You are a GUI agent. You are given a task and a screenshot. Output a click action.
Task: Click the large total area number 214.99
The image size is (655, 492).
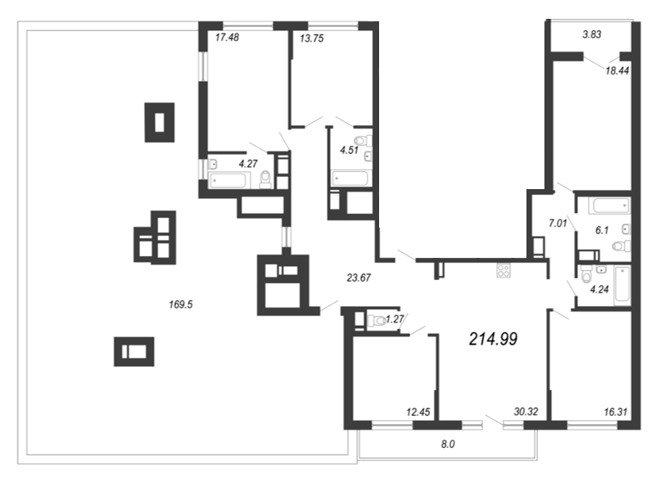pos(494,339)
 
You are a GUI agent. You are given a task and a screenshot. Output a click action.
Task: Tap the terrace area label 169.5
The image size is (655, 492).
pos(180,305)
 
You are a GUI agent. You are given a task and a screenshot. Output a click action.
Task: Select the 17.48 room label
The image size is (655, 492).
pos(228,38)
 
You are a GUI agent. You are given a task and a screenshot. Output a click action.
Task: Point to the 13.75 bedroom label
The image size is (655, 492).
pos(312,38)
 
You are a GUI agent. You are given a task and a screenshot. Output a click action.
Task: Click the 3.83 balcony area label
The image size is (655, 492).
pos(592,34)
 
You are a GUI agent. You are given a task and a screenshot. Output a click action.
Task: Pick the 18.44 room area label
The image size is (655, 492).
pos(617,70)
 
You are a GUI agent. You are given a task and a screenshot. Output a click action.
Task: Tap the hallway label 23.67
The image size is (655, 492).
pos(359,278)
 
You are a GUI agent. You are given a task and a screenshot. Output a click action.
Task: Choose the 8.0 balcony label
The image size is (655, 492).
pos(448,445)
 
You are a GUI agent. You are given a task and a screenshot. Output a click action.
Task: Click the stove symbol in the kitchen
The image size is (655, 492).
pos(503,271)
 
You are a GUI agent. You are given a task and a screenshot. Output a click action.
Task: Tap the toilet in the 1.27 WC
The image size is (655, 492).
pos(377,321)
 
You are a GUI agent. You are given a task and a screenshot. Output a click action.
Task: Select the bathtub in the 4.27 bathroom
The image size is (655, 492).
pos(229,180)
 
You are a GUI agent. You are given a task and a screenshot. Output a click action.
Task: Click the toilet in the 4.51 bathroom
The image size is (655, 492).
pos(363,141)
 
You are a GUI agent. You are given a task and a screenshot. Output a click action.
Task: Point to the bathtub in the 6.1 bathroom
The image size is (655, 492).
pos(610,205)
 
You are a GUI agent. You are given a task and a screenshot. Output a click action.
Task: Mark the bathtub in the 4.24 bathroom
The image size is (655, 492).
pos(622,286)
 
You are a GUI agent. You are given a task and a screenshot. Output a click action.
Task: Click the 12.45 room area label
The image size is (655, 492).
pos(418,413)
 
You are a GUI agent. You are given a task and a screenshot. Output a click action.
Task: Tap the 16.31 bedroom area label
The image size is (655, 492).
pos(616,413)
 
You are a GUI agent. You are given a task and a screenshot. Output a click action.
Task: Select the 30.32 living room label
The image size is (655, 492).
pos(526,412)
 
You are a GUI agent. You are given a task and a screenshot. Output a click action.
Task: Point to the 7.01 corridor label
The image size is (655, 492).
pos(558,223)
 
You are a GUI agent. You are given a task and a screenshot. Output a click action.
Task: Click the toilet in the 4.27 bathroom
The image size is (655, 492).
pos(265,179)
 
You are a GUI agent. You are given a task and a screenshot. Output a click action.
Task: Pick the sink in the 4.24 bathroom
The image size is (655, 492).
pos(601,269)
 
